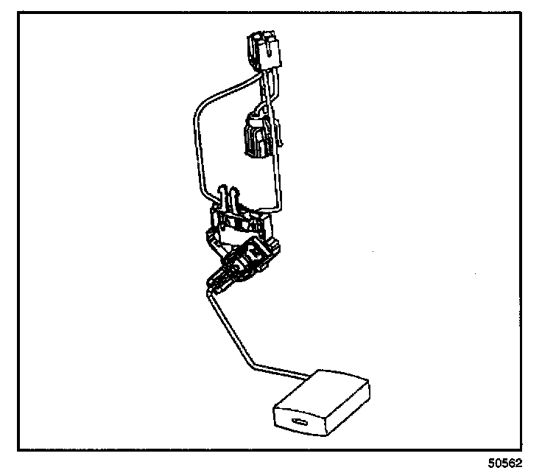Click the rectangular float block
tap(323, 405)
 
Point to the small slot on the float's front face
tap(301, 423)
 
